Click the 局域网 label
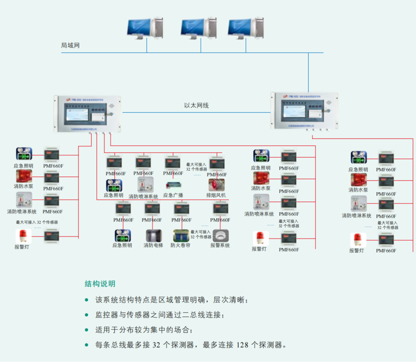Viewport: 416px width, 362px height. pos(70,45)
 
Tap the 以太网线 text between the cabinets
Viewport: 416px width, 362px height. pos(196,106)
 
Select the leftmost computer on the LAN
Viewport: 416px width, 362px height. pos(144,29)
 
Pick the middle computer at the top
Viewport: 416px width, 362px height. pos(197,29)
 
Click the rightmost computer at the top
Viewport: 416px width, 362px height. pos(245,29)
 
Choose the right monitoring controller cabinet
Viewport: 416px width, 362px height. pos(304,110)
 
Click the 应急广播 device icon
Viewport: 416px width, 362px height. pos(173,185)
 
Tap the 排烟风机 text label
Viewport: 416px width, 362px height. pos(216,195)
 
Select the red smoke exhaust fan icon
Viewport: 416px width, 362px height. pos(217,185)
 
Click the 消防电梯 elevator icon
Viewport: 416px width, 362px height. pos(153,236)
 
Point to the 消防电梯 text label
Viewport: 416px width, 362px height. pos(153,246)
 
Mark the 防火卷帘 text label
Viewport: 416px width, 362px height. pos(180,246)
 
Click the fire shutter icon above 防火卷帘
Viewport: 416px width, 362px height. pos(181,236)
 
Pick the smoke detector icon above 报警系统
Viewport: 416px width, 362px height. pos(220,236)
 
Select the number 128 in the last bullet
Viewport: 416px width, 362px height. pos(243,345)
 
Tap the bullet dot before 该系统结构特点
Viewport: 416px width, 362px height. pos(86,300)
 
